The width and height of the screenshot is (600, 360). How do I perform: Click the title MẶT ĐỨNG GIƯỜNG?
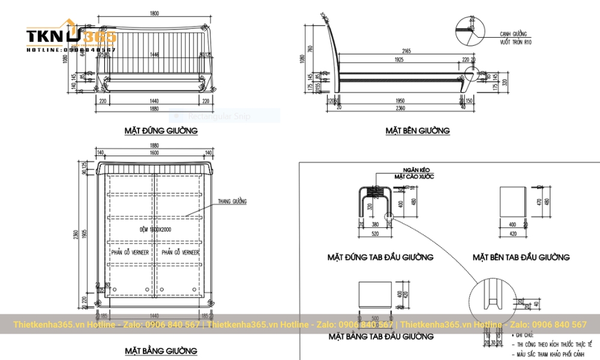[161, 130]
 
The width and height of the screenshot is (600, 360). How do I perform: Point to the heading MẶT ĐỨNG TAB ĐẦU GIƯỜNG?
[380, 257]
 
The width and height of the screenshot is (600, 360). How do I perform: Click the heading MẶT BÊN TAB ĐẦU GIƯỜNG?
[521, 257]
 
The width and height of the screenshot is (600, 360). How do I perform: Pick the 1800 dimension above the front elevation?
[155, 13]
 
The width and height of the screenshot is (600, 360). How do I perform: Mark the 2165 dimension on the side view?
[406, 52]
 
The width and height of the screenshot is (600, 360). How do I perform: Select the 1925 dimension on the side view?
[400, 61]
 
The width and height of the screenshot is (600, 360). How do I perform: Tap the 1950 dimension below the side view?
[400, 101]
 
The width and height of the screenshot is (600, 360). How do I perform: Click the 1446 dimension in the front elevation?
[155, 55]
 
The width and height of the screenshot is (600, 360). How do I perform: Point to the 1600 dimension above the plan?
[155, 154]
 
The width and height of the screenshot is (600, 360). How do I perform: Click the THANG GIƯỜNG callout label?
[232, 202]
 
